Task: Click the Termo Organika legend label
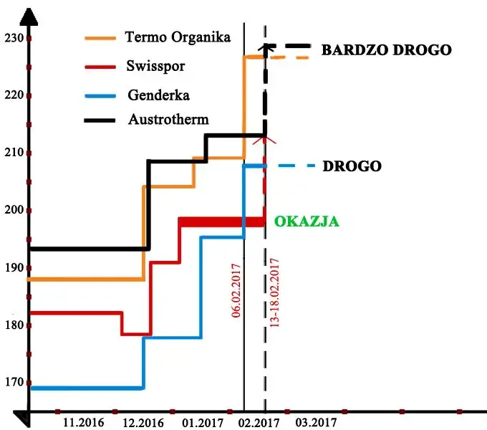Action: point(178,37)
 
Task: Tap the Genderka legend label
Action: point(158,95)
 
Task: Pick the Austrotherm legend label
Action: point(168,119)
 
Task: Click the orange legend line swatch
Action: point(100,37)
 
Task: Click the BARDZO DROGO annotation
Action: point(386,50)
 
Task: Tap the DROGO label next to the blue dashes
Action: point(352,166)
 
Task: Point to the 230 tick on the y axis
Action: point(13,38)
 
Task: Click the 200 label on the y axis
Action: point(13,210)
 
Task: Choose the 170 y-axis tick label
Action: point(13,382)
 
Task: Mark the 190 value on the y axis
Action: point(13,267)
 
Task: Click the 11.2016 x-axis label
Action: point(85,422)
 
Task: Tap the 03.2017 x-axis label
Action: point(316,422)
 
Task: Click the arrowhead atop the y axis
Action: point(29,14)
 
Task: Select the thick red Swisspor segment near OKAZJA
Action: point(222,221)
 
